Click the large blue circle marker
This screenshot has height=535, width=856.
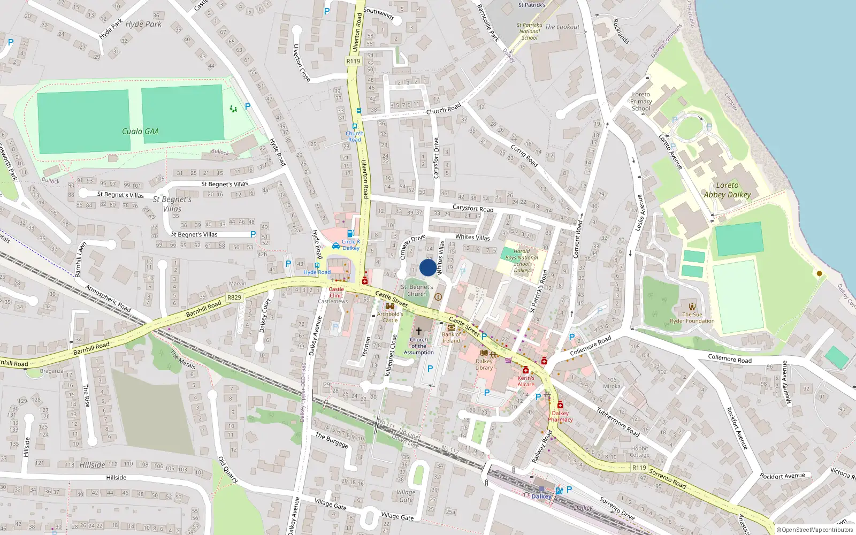[x=427, y=267]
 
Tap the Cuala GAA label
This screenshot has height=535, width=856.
[x=140, y=132]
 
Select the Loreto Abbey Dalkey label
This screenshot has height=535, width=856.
[x=727, y=190]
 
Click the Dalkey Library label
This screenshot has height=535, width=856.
[x=484, y=364]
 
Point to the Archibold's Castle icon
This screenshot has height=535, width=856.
[x=389, y=306]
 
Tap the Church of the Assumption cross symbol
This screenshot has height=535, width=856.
[x=419, y=331]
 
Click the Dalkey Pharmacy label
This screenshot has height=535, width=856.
[x=560, y=416]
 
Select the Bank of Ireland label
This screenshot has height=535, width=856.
[x=451, y=338]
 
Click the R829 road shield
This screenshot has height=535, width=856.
[x=234, y=297]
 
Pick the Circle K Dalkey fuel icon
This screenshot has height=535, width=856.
[x=350, y=233]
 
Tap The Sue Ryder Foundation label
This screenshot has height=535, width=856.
[x=692, y=318]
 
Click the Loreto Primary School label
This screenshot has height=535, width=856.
[x=641, y=101]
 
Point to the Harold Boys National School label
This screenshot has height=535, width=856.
[x=522, y=261]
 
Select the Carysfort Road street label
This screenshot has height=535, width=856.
[x=473, y=208]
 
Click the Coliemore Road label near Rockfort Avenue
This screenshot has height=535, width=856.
[x=729, y=358]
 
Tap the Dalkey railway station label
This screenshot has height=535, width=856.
[x=541, y=496]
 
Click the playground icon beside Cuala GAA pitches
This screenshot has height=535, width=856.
[x=233, y=109]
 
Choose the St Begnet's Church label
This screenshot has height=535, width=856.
[x=417, y=291]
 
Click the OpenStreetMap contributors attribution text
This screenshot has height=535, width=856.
[x=815, y=530]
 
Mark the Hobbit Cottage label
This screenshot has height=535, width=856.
[x=640, y=452]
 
